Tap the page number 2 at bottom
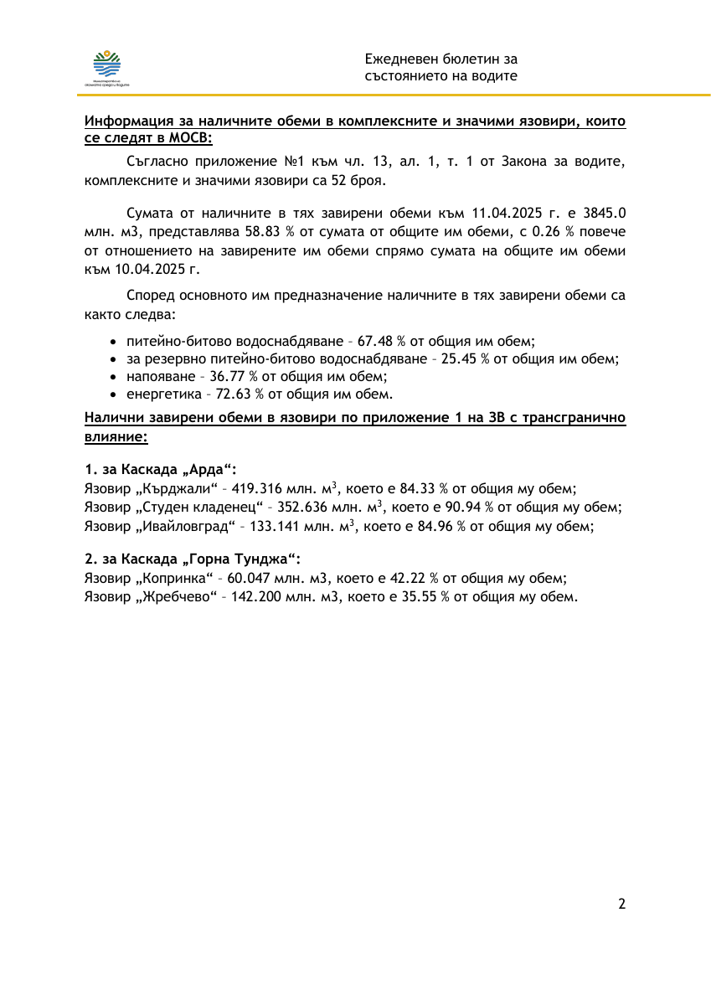tap(621, 904)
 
